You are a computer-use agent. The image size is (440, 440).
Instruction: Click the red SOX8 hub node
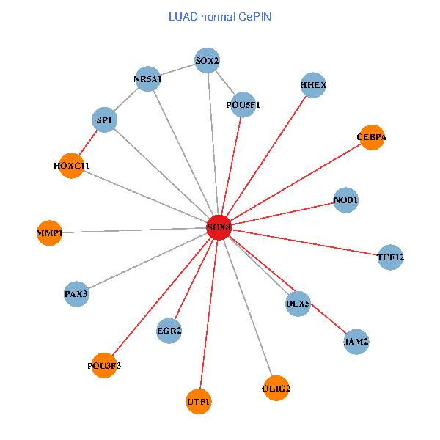click(219, 227)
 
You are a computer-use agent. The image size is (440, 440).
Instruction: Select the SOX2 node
click(207, 60)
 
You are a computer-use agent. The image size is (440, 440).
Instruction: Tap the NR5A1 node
click(147, 79)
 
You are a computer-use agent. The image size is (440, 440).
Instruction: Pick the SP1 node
click(105, 120)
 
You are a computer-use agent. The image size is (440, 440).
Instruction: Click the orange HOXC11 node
click(71, 165)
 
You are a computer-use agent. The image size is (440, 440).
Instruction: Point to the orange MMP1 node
click(49, 233)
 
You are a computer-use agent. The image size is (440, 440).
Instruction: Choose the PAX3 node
click(76, 294)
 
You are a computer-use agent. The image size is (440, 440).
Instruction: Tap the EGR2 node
click(169, 331)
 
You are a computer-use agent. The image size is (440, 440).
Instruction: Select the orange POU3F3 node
click(104, 365)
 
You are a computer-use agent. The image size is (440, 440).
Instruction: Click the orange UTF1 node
click(199, 402)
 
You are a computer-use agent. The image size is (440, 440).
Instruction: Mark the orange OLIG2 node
click(276, 387)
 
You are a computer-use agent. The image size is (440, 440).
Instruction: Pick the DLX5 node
click(298, 304)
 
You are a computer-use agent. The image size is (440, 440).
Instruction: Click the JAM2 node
click(356, 341)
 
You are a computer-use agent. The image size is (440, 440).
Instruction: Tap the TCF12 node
click(390, 257)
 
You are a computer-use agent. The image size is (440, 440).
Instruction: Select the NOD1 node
click(345, 199)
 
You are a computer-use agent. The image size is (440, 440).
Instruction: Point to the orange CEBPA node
click(372, 137)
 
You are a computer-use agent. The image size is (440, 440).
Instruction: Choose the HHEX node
click(313, 85)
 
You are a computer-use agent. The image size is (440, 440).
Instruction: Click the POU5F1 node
click(243, 105)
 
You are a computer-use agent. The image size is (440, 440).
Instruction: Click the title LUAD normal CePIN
click(220, 16)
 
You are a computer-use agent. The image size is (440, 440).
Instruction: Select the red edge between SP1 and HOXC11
click(88, 142)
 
